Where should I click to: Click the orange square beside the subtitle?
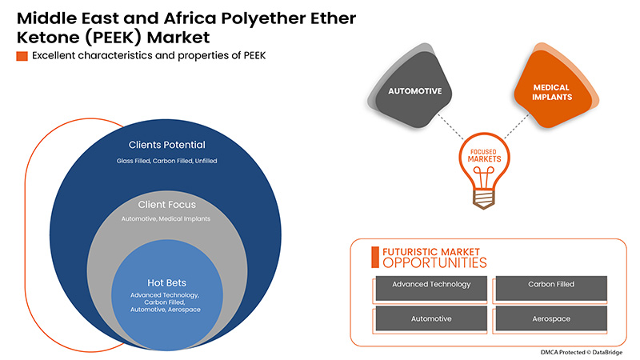tap(22, 55)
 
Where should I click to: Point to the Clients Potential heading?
tap(167, 145)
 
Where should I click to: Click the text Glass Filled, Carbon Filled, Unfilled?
tap(167, 161)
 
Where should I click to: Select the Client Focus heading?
tap(167, 205)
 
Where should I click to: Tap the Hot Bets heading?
tap(167, 282)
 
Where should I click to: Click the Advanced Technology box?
tap(430, 285)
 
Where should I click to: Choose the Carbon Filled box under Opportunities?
tap(550, 285)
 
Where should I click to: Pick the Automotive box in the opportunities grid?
tap(430, 319)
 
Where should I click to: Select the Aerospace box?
tap(550, 319)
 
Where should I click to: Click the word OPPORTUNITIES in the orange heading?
tap(434, 262)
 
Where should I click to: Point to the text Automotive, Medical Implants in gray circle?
tap(167, 219)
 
